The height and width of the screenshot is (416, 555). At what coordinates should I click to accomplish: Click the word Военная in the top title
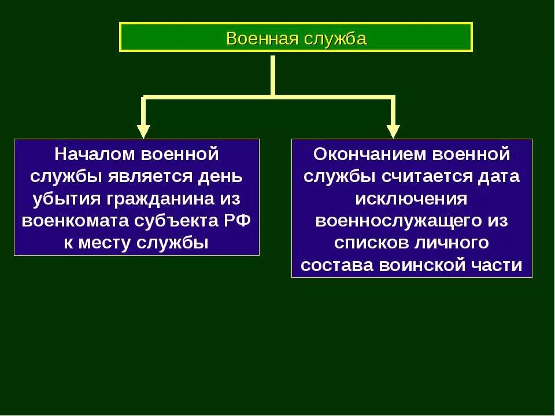click(260, 39)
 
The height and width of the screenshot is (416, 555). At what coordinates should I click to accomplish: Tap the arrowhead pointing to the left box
click(143, 131)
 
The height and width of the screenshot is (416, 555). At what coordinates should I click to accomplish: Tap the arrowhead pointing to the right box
click(393, 131)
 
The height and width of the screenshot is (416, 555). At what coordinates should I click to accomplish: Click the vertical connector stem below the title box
click(272, 75)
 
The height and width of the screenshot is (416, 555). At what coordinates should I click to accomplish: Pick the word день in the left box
click(223, 176)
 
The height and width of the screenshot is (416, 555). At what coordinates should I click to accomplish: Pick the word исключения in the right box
click(412, 198)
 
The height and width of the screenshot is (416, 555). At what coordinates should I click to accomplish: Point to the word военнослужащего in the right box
click(398, 221)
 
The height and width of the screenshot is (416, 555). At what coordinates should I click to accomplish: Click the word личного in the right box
click(453, 243)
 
